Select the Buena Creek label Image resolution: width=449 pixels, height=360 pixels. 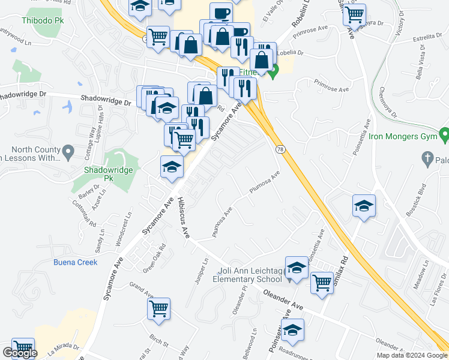pyautogui.click(x=75, y=262)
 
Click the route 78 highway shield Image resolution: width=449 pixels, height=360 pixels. pyautogui.click(x=280, y=149)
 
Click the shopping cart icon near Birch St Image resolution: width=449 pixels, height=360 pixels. pyautogui.click(x=159, y=309)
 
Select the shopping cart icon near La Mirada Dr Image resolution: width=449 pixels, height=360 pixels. pyautogui.click(x=23, y=349)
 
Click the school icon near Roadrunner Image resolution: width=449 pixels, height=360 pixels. pyautogui.click(x=292, y=330)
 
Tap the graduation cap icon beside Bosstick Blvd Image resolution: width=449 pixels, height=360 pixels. pyautogui.click(x=363, y=206)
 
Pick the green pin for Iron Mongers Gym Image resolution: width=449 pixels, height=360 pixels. pyautogui.click(x=444, y=133)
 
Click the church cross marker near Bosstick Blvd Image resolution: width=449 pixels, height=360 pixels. pyautogui.click(x=427, y=159)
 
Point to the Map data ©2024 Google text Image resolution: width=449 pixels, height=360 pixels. pyautogui.click(x=412, y=355)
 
